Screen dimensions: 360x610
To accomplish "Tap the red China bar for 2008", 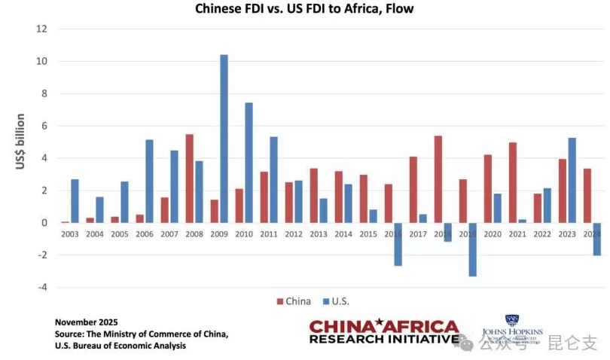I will pos(189,178).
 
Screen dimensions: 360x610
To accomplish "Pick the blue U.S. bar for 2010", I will pos(249,163).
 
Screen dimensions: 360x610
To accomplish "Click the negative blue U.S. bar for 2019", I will pos(472,249).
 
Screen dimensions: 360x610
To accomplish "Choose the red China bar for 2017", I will pos(413,190).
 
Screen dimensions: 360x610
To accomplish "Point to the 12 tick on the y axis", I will pos(42,29).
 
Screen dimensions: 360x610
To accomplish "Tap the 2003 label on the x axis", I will pos(70,234).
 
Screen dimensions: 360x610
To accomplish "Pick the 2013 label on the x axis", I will pos(318,234).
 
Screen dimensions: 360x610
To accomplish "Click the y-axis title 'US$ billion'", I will pos(20,142).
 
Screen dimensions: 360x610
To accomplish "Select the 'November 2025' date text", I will pos(87,322).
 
